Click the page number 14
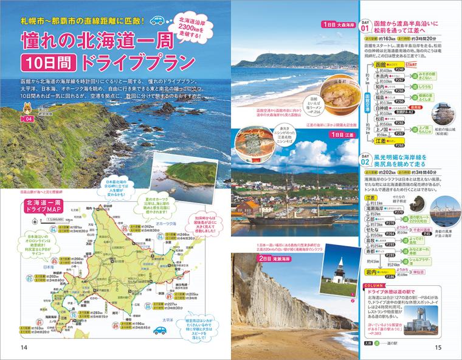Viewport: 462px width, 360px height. point(24,347)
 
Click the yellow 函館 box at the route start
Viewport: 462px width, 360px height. point(378,64)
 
